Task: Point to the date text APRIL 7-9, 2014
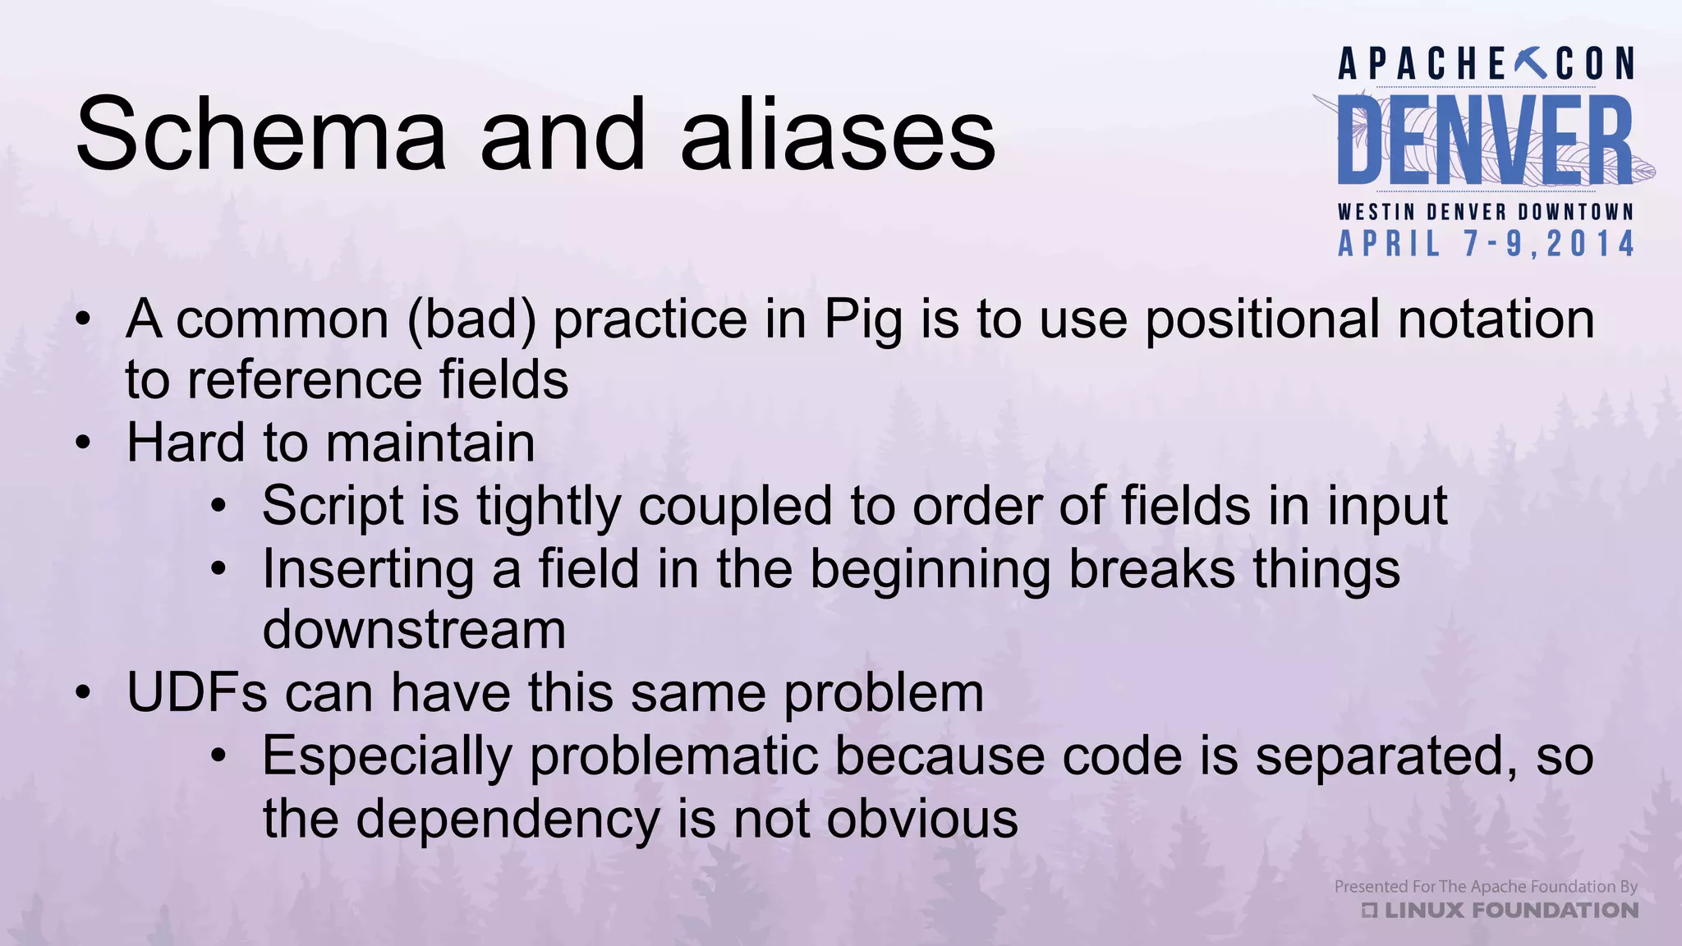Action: coord(1487,244)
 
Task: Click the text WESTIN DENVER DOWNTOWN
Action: coord(1486,212)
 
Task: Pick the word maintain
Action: coord(430,443)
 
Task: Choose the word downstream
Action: coord(414,630)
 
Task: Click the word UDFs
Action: coord(197,692)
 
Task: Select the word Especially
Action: coord(387,756)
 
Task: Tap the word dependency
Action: coord(508,820)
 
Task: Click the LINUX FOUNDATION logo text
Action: coord(1510,910)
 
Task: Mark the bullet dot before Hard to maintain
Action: coord(82,444)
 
